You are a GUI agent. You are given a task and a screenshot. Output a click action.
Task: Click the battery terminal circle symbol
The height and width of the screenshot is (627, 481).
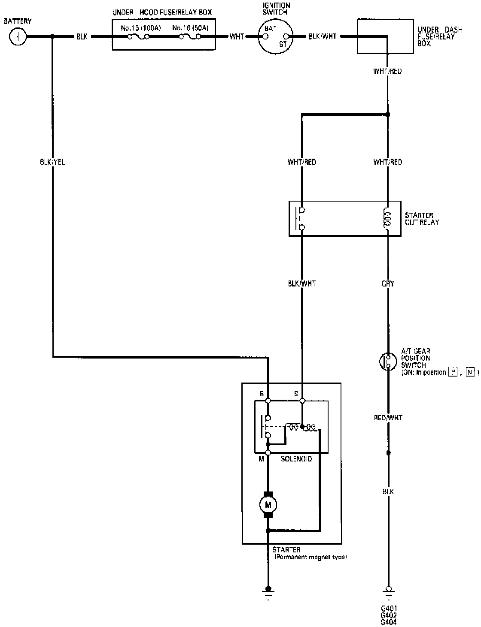(18, 37)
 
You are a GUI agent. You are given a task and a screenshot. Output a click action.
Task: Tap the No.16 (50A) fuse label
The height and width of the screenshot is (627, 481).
(191, 28)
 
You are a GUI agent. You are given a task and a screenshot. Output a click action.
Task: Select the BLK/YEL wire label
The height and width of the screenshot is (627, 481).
(52, 162)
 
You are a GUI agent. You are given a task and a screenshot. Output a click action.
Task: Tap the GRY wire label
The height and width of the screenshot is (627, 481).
(388, 283)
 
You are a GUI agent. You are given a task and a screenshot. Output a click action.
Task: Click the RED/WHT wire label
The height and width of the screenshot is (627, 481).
(388, 418)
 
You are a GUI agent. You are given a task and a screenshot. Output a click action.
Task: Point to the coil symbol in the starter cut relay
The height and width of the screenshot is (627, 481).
(388, 219)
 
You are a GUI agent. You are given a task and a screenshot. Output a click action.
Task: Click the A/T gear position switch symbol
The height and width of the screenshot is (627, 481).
(388, 361)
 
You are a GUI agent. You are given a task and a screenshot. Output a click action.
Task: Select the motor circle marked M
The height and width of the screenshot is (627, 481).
(268, 504)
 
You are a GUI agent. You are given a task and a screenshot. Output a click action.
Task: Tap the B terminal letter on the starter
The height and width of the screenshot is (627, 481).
(262, 393)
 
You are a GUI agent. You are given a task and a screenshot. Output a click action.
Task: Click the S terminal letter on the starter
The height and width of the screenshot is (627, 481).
(295, 393)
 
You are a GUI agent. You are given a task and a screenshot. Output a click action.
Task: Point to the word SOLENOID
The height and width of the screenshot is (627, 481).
(296, 459)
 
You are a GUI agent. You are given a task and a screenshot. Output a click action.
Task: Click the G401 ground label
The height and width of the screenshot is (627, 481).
(389, 608)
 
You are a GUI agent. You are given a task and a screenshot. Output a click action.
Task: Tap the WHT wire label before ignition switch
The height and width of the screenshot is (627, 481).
(237, 37)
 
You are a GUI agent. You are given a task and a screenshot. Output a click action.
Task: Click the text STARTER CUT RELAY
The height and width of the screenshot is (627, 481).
(422, 219)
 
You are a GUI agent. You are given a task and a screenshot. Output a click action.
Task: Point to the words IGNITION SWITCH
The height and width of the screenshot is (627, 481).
(276, 9)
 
